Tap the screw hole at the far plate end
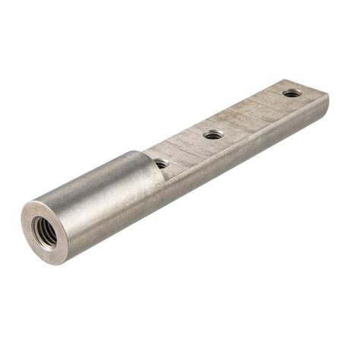[292, 93]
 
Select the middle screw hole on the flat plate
[213, 134]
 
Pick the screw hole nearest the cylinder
[161, 163]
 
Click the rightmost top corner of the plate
[327, 94]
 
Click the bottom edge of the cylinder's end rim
[53, 262]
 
